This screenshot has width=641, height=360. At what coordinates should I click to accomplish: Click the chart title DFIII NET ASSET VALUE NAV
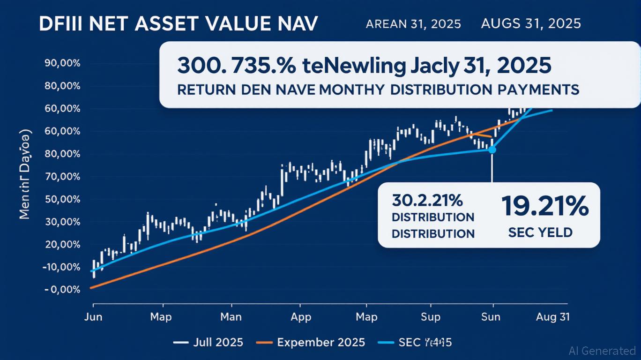click(178, 25)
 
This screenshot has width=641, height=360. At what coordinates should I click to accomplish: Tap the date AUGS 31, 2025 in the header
click(530, 23)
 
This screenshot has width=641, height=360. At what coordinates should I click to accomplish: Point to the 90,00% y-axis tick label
click(62, 64)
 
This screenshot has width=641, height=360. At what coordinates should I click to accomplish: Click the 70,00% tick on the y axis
click(62, 177)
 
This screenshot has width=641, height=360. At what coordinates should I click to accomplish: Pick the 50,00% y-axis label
click(62, 200)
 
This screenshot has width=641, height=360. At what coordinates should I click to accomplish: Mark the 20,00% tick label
click(62, 245)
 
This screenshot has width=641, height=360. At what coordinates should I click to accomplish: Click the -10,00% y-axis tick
click(61, 267)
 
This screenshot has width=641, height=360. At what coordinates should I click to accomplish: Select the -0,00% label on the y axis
click(62, 290)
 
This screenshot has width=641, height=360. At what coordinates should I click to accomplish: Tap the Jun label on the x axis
click(93, 317)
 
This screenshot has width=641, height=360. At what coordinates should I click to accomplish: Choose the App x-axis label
click(300, 317)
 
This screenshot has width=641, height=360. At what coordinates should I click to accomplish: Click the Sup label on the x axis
click(430, 317)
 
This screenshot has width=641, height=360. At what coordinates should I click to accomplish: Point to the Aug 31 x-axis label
click(553, 317)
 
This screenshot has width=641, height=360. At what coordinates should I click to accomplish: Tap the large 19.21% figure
click(544, 206)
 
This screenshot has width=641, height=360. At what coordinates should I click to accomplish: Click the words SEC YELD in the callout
click(540, 232)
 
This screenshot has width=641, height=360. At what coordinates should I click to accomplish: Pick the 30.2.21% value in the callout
click(427, 201)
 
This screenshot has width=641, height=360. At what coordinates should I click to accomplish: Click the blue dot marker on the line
click(492, 150)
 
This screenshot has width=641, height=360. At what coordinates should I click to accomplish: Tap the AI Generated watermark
click(602, 350)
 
